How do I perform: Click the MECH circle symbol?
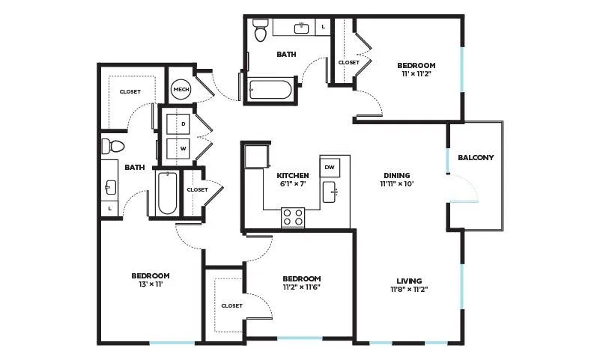(181, 89)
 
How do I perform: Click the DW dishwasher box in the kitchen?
(330, 167)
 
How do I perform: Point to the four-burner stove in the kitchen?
(293, 218)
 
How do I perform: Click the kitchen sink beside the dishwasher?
(330, 192)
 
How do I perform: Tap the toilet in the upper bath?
(261, 29)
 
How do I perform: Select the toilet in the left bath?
(113, 146)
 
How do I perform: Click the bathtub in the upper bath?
(270, 89)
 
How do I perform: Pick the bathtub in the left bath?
(167, 193)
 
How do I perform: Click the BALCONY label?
(476, 157)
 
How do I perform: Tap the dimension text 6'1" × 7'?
(293, 183)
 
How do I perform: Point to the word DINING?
(397, 175)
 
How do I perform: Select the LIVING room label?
(409, 281)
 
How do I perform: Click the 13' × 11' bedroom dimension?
(150, 284)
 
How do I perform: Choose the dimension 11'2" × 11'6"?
(301, 287)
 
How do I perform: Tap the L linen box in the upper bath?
(323, 27)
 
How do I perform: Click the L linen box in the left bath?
(110, 208)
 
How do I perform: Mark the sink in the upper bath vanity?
(302, 28)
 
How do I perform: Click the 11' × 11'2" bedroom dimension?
(416, 74)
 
